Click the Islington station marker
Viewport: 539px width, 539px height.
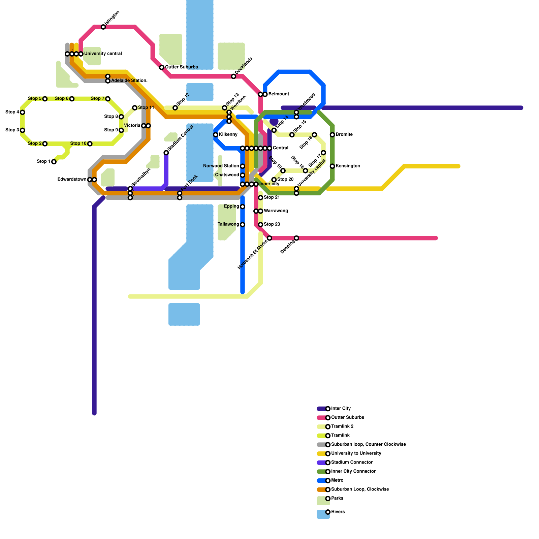pos(103,27)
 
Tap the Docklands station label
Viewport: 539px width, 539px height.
pos(244,66)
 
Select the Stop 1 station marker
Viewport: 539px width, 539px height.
pos(54,162)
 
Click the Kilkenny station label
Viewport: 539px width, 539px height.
pos(228,135)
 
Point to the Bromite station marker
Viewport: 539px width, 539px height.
pos(332,135)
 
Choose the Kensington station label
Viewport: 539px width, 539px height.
pos(348,166)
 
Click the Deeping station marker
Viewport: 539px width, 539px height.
pos(296,238)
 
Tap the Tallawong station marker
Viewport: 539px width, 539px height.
pos(243,225)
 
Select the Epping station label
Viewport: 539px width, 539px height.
pos(231,207)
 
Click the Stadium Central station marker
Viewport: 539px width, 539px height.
pos(166,153)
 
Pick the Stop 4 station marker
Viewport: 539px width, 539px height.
pos(23,112)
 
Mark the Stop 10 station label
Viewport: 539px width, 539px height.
pos(78,144)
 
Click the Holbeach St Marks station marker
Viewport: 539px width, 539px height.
pos(269,238)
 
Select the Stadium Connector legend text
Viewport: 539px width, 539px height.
pos(352,463)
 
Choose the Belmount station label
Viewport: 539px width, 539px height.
pos(279,94)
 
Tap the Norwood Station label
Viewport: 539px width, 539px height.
pos(221,166)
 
